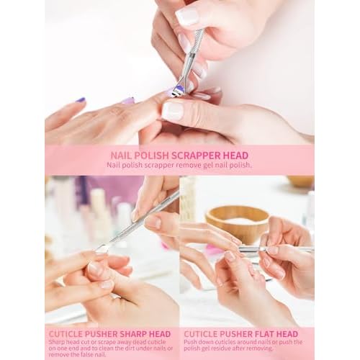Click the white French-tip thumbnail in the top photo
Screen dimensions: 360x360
pyautogui.click(x=173, y=110)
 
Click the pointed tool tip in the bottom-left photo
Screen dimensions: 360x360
pyautogui.click(x=101, y=250)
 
